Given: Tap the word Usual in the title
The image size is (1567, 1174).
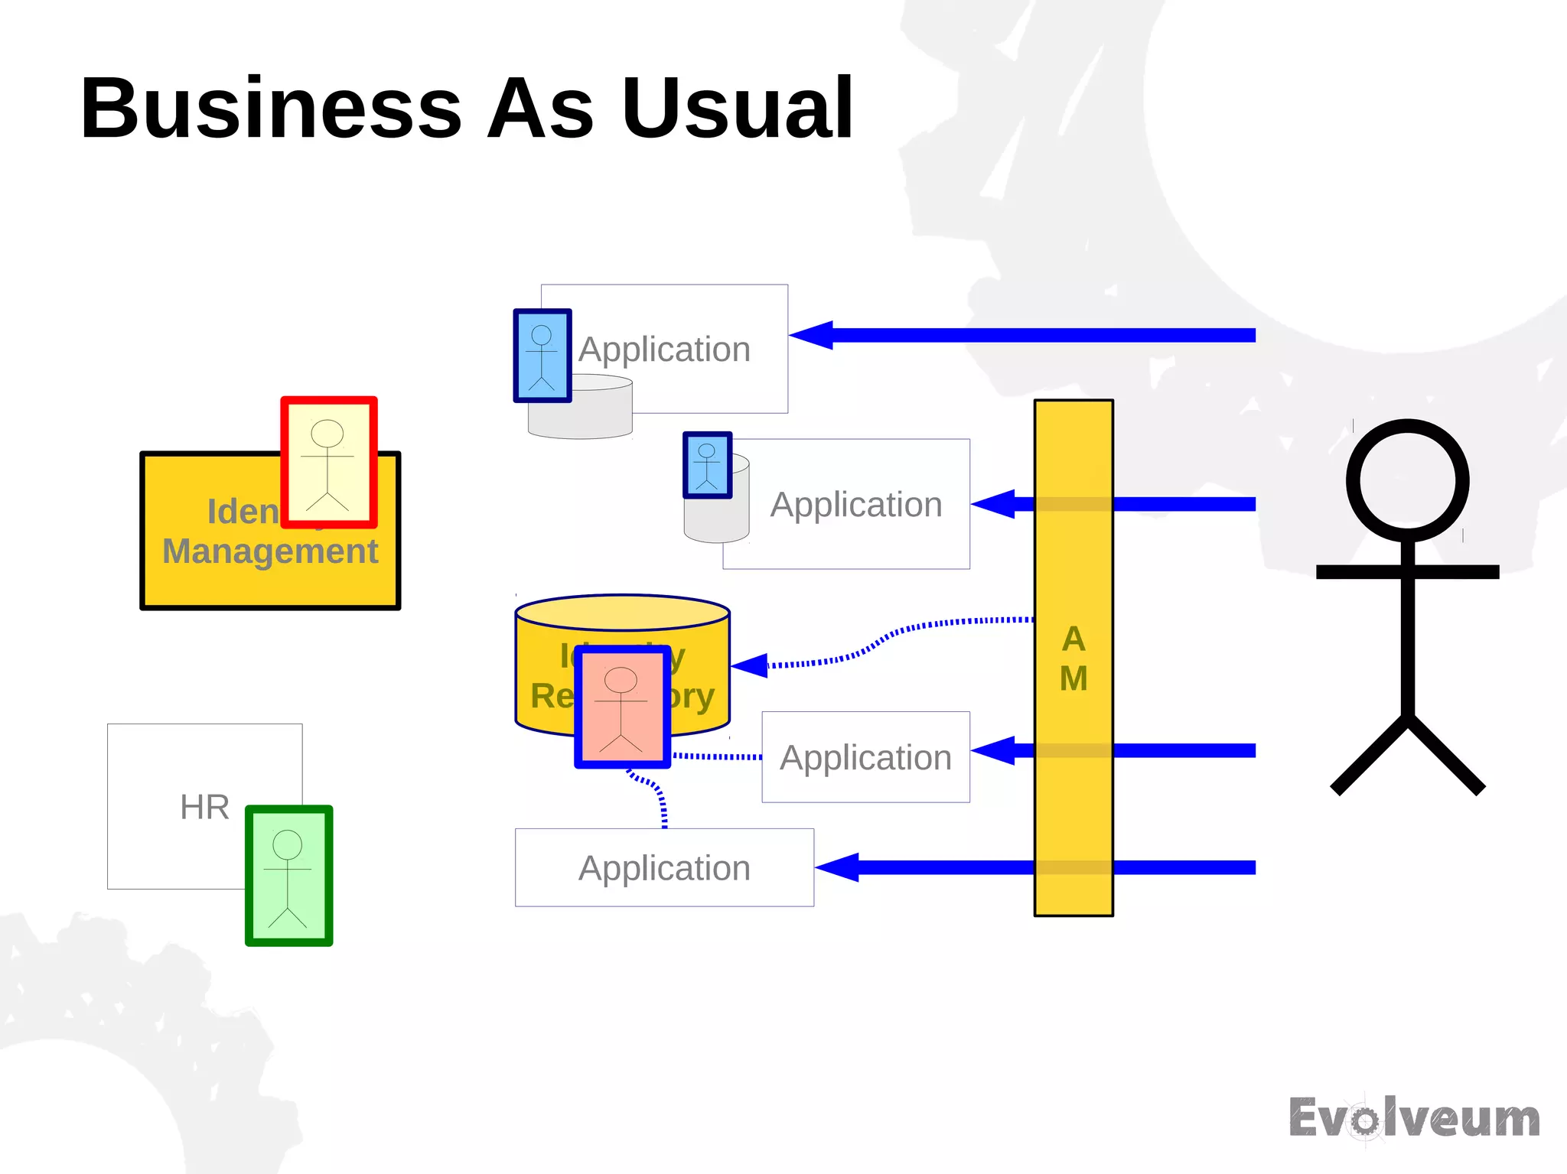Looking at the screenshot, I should pyautogui.click(x=738, y=109).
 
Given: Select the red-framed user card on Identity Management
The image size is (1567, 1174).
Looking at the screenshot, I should pyautogui.click(x=329, y=463).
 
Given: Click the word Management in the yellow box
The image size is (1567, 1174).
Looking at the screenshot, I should pyautogui.click(x=270, y=551).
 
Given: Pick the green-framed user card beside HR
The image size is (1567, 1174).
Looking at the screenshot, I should pyautogui.click(x=289, y=876).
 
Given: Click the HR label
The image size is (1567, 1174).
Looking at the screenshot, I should pyautogui.click(x=204, y=807).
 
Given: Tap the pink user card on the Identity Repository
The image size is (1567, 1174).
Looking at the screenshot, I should pyautogui.click(x=622, y=707).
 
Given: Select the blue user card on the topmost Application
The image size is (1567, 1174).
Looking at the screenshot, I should pyautogui.click(x=542, y=356).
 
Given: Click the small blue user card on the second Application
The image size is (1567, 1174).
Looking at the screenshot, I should pyautogui.click(x=707, y=465).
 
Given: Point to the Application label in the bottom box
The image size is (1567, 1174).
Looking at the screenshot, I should pyautogui.click(x=664, y=868).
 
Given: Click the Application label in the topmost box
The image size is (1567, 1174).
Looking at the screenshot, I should pyautogui.click(x=664, y=350).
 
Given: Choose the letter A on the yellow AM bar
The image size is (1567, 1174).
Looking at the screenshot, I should pyautogui.click(x=1073, y=639).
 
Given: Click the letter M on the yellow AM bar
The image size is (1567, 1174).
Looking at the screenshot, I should pyautogui.click(x=1073, y=678).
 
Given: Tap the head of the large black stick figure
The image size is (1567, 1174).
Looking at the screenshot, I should pyautogui.click(x=1407, y=480).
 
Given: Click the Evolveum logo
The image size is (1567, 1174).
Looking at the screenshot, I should pyautogui.click(x=1414, y=1118).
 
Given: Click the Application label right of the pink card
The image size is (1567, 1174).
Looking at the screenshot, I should pyautogui.click(x=865, y=757).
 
